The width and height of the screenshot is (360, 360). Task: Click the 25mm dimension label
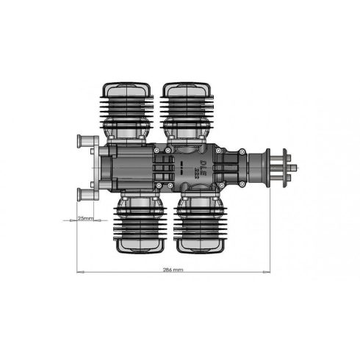85,217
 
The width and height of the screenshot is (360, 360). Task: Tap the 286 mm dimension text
173,270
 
